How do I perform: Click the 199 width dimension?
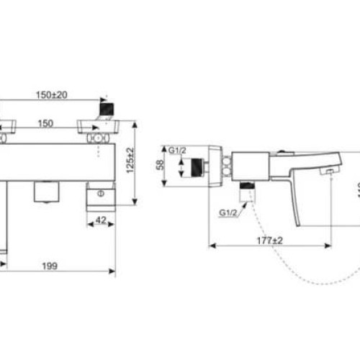pos(48,266)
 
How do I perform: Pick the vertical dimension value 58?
pos(160,165)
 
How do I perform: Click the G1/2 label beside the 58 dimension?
pos(178,150)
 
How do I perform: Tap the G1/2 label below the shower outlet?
pos(230,212)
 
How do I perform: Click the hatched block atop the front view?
pos(106,108)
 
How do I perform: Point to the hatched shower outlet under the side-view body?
pos(247,188)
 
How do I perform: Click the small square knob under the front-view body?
pos(46,192)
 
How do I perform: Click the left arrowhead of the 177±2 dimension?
pos(210,246)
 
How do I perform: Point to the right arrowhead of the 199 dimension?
pos(113,272)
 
